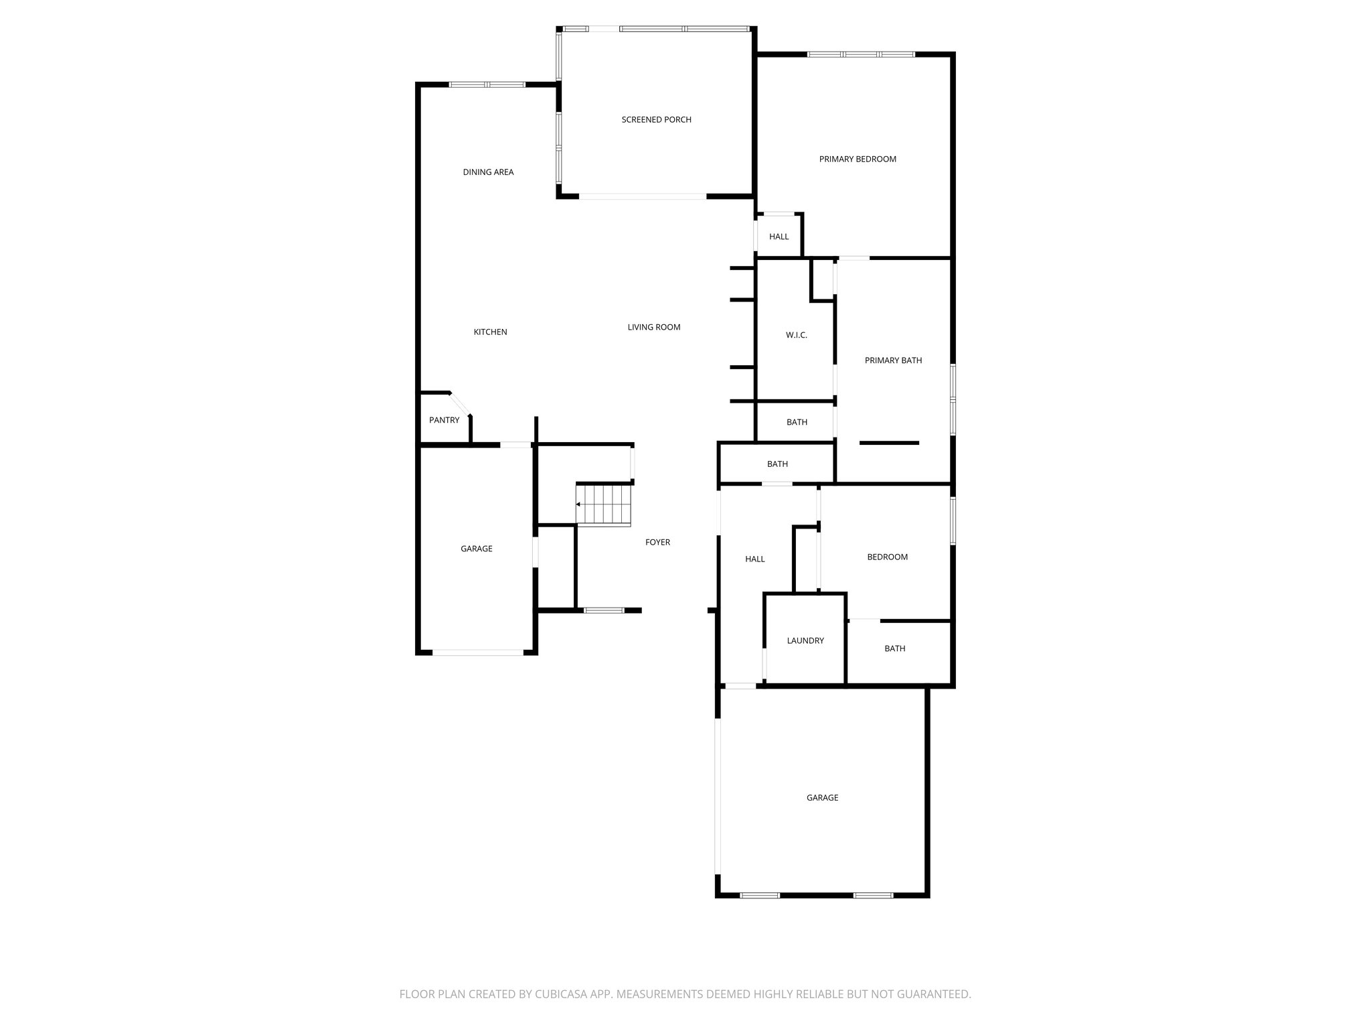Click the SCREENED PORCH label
pyautogui.click(x=656, y=120)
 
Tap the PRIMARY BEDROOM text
pyautogui.click(x=858, y=159)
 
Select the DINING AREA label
pyautogui.click(x=488, y=172)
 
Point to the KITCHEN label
pyautogui.click(x=490, y=332)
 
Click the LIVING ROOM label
pyautogui.click(x=653, y=328)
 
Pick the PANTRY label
pyautogui.click(x=444, y=421)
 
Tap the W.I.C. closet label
pyautogui.click(x=796, y=335)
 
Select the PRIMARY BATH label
pyautogui.click(x=893, y=360)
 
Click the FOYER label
pyautogui.click(x=657, y=543)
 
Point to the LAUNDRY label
pyautogui.click(x=805, y=641)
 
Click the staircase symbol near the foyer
pyautogui.click(x=604, y=504)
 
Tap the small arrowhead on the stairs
pyautogui.click(x=578, y=504)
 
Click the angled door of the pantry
pyautogui.click(x=460, y=404)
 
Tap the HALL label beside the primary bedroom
pyautogui.click(x=779, y=237)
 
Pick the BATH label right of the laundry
pyautogui.click(x=894, y=648)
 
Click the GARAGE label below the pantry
pyautogui.click(x=476, y=549)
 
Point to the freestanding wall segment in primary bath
pyautogui.click(x=889, y=443)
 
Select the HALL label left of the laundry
pyautogui.click(x=754, y=559)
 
